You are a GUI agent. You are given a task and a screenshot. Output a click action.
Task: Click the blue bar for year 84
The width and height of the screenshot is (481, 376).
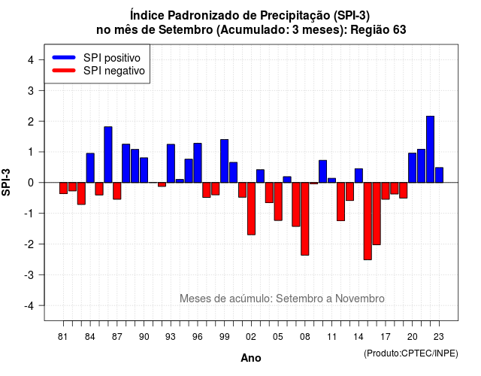(90, 168)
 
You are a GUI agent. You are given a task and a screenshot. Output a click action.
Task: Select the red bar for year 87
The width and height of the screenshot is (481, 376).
(117, 191)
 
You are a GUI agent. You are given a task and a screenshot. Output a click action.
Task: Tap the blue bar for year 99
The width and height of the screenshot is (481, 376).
(224, 161)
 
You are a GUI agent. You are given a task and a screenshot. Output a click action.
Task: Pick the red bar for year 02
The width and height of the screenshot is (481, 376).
(251, 209)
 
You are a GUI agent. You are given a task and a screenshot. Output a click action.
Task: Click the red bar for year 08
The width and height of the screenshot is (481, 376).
(305, 219)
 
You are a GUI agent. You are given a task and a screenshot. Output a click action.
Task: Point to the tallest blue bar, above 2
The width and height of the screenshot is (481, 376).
(431, 150)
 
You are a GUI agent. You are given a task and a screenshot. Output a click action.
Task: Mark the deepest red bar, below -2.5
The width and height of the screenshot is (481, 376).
(368, 221)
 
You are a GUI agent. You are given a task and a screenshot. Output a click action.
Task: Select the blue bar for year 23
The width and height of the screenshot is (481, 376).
(439, 175)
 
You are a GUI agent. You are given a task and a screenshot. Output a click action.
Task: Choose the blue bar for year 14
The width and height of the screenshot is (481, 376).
(358, 175)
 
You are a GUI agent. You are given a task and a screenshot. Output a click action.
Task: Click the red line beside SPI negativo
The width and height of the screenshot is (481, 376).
(64, 71)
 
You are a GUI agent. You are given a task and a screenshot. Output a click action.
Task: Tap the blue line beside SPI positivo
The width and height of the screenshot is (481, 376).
(64, 57)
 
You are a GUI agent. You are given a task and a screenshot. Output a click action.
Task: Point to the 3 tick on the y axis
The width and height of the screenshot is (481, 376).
(42, 90)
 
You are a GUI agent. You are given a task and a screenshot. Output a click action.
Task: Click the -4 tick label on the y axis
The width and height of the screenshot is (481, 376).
(30, 306)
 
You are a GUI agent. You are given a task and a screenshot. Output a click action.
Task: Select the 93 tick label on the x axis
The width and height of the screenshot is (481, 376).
(171, 337)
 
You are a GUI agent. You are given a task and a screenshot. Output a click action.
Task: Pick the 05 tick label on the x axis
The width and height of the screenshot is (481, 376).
(278, 337)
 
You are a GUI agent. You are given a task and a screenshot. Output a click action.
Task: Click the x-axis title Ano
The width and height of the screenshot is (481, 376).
(251, 358)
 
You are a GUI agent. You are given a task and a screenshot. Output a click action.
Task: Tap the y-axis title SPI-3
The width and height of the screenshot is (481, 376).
(6, 182)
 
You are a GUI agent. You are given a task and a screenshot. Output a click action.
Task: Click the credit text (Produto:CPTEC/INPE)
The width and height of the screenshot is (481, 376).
(411, 353)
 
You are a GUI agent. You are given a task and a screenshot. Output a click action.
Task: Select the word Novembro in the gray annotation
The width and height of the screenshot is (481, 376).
(359, 299)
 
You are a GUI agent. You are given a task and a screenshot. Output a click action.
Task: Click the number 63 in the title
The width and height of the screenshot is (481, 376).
(399, 30)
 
